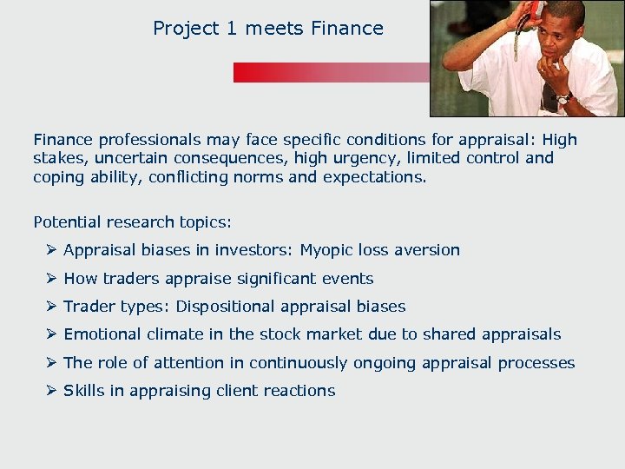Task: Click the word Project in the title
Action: (185, 29)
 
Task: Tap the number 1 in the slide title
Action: (231, 29)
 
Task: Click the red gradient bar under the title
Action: (330, 72)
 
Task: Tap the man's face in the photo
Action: (557, 35)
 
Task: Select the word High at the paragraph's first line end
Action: (559, 139)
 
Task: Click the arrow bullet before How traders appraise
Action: (51, 279)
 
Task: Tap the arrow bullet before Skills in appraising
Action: (51, 391)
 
